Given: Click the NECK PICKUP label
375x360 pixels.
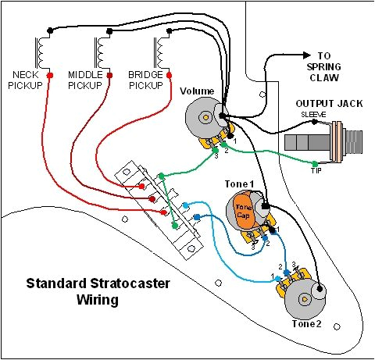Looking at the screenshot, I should [x=30, y=79].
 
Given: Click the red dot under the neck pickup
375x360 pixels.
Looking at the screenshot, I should [x=50, y=76].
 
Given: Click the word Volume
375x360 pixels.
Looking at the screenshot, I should [x=197, y=91].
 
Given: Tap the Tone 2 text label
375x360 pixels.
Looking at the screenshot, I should [x=306, y=324].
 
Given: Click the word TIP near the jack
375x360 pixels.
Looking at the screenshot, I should [x=316, y=172].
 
